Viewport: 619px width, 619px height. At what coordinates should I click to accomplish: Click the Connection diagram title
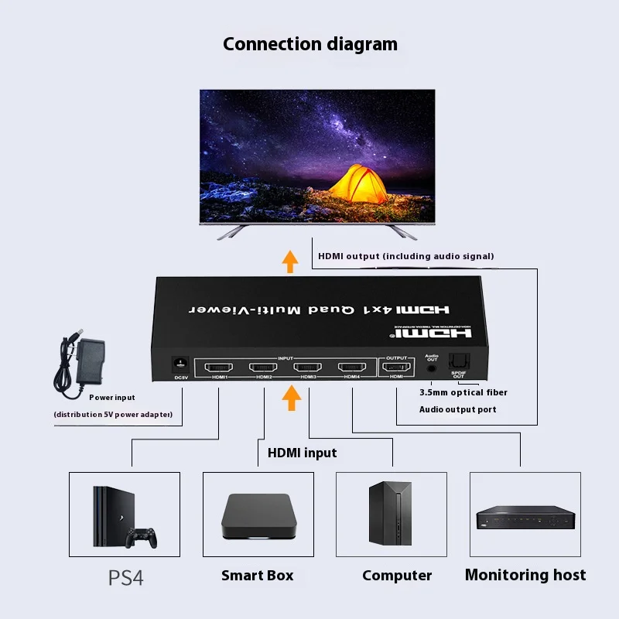[x=309, y=44]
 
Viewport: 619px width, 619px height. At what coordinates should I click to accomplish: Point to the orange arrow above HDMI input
[x=291, y=398]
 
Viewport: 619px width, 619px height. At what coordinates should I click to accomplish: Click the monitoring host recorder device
[x=525, y=518]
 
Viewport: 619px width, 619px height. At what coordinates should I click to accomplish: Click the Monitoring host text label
[x=525, y=575]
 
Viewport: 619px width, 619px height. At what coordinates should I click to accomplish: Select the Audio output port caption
[x=458, y=409]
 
